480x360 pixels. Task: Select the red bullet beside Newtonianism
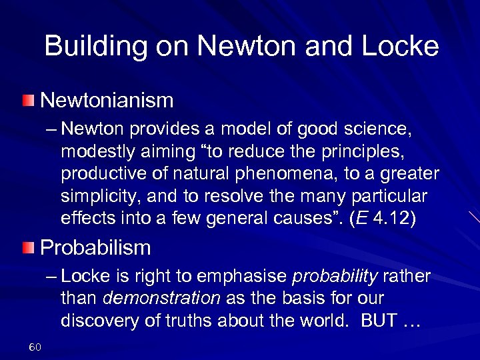(27, 101)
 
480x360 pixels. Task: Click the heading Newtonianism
(107, 101)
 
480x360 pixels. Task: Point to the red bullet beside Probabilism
(27, 249)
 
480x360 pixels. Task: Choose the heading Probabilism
(95, 248)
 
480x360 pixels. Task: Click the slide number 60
(35, 347)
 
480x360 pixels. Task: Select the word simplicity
(97, 197)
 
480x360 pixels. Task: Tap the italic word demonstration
(162, 298)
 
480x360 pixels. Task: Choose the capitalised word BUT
(378, 320)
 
